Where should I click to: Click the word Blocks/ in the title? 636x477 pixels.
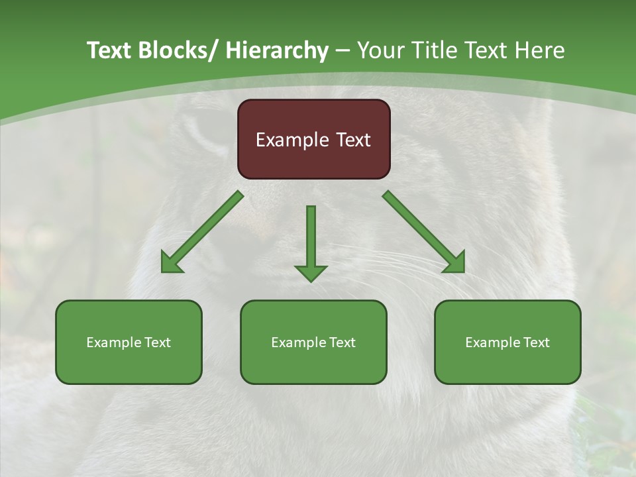(178, 50)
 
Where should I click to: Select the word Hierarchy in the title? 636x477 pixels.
(277, 50)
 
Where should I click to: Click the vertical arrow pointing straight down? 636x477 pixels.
(311, 242)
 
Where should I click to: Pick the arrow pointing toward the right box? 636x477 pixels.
(424, 232)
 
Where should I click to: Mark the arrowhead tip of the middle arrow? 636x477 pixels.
(311, 281)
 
